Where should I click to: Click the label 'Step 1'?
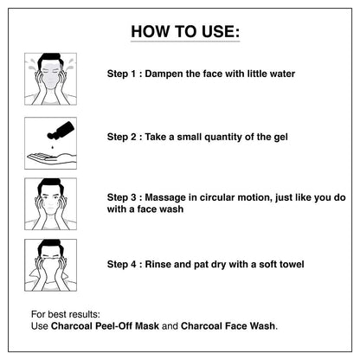(x=121, y=74)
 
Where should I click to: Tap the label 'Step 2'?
(x=121, y=137)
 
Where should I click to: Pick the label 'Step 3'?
(x=121, y=197)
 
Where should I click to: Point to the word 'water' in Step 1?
(x=278, y=74)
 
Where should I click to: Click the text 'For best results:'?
(x=65, y=312)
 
